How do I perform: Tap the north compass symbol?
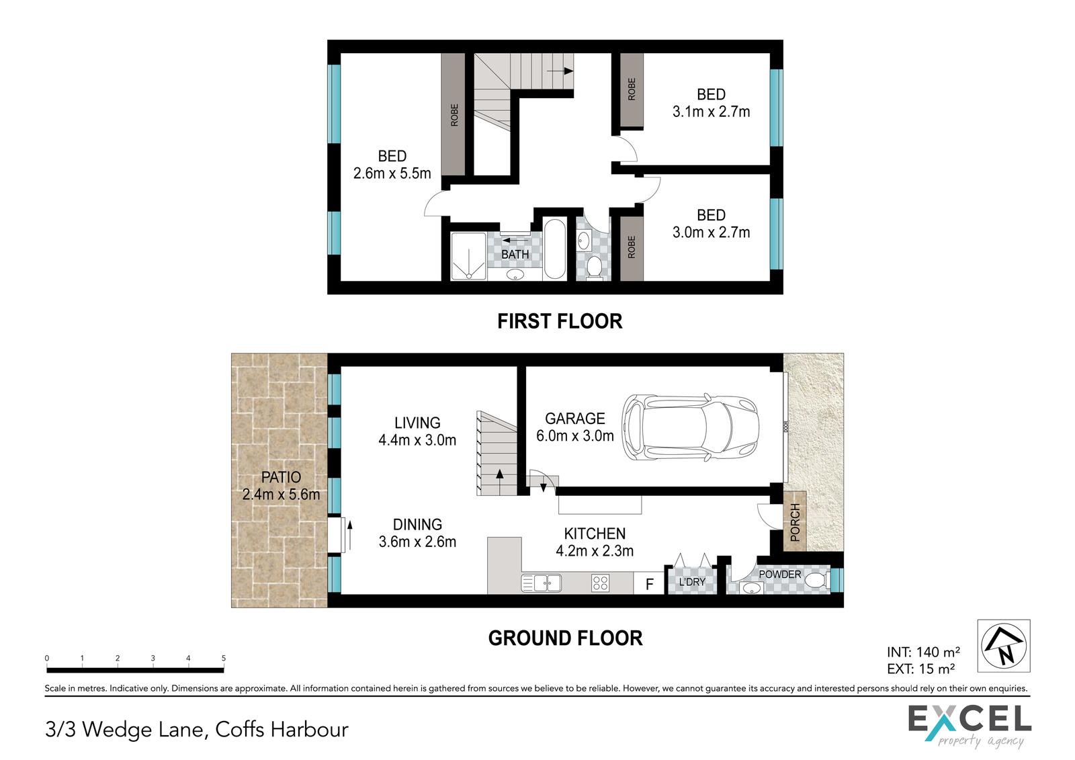tap(1004, 645)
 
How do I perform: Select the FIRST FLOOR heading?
tap(560, 321)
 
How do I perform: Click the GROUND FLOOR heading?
tap(565, 638)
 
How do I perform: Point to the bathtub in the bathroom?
tap(555, 249)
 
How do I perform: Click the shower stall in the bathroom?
tap(468, 257)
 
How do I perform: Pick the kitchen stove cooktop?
tap(601, 583)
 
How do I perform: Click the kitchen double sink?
tap(541, 583)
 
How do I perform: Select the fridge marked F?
tap(649, 583)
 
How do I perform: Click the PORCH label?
tap(795, 522)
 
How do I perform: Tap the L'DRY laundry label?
tap(692, 582)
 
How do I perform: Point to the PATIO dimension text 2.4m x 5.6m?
tap(281, 494)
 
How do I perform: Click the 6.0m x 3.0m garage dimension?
tap(575, 435)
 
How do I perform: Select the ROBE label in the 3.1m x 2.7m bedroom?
tap(632, 89)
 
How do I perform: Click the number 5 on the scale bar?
tap(224, 659)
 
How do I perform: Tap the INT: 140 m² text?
tap(923, 652)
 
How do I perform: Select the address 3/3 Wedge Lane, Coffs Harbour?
tap(197, 730)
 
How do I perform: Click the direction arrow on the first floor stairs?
tap(560, 71)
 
